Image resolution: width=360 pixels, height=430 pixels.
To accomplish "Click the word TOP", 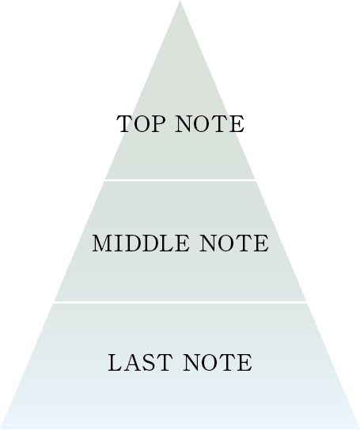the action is click(142, 124).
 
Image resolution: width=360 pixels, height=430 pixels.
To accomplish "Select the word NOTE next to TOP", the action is click(210, 124).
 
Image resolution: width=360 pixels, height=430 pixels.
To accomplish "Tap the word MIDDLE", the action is click(141, 243).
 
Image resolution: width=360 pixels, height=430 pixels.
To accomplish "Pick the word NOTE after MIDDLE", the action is click(234, 243).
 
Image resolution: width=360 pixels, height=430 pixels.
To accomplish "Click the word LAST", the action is click(140, 363).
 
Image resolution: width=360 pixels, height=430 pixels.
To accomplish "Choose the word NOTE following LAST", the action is click(218, 363).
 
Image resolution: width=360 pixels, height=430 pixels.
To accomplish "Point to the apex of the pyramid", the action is click(180, 1).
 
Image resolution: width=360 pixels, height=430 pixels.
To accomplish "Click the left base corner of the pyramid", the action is click(1, 428).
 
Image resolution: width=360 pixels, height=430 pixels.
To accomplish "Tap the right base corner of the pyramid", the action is click(359, 428).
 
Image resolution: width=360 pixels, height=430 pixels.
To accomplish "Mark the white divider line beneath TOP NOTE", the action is click(180, 180).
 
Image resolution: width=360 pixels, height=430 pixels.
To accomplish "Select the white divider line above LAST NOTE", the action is click(180, 303).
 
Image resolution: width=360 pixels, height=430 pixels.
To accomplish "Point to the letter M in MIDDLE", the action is click(102, 243).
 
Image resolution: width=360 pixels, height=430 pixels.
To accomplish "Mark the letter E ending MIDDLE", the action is click(182, 243).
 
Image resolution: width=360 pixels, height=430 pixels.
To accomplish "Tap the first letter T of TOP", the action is click(125, 124).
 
